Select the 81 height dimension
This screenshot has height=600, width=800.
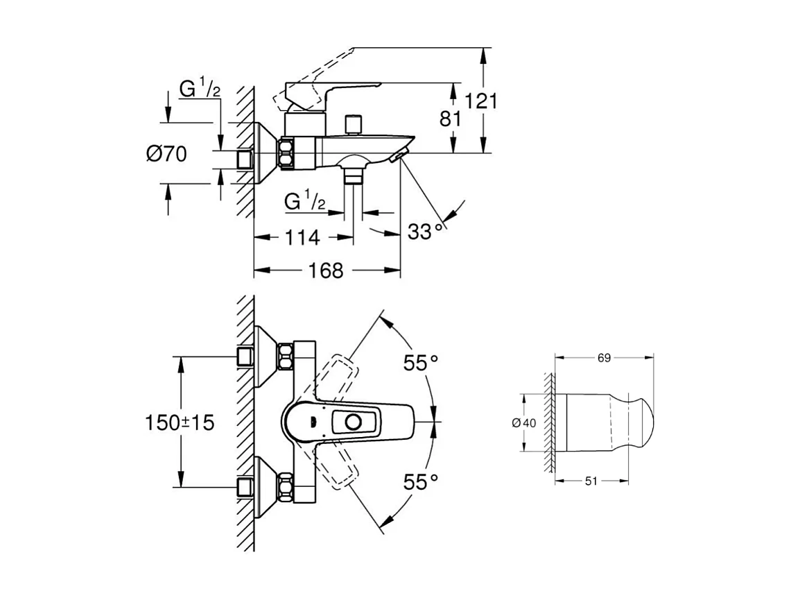[x=451, y=119]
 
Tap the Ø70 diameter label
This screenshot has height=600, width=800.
[x=166, y=153]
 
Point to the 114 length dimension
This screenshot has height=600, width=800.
[x=302, y=237]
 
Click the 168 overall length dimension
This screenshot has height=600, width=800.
[x=327, y=270]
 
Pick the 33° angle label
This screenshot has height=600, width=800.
[x=425, y=231]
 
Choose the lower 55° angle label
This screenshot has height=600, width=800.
[x=421, y=481]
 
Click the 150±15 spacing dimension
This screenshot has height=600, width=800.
[x=180, y=422]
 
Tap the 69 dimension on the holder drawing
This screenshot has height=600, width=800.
[x=603, y=358]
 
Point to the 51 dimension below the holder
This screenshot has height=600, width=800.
[x=591, y=481]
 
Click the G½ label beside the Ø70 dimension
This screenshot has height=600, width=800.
[x=200, y=89]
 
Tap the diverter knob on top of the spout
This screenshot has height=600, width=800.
[x=355, y=123]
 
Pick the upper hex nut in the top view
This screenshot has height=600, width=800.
[x=285, y=357]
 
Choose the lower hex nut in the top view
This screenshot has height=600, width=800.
[x=285, y=487]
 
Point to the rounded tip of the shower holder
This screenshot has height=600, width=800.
[x=645, y=422]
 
